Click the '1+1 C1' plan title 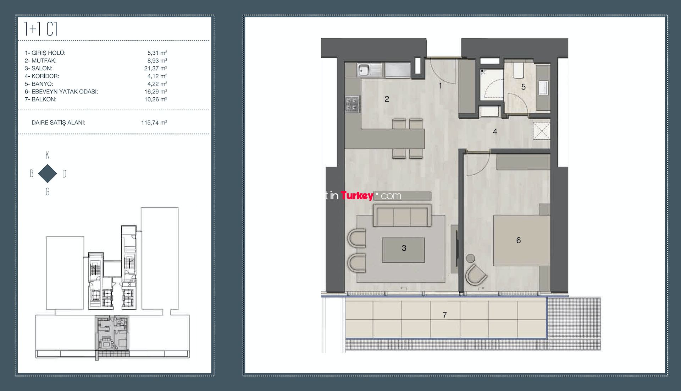tap(41, 29)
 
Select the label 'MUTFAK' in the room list tap(44, 61)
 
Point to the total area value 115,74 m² tap(154, 123)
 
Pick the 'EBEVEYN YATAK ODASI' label tap(65, 92)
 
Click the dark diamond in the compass tap(48, 174)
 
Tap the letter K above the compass tap(48, 155)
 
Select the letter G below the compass tap(48, 192)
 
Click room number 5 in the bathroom tap(523, 87)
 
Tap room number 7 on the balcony tap(444, 315)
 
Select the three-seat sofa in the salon tap(402, 215)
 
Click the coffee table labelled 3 tap(404, 250)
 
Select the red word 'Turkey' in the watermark tap(357, 196)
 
